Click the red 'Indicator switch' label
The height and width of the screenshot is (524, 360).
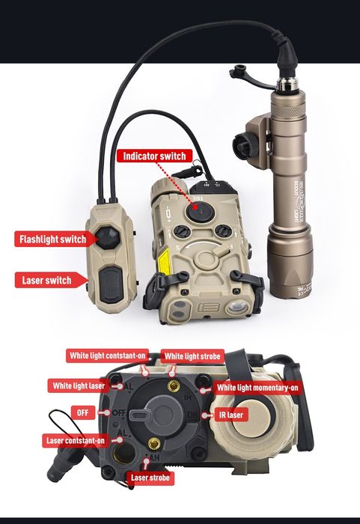[153, 156]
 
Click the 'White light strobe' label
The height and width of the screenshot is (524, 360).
[192, 357]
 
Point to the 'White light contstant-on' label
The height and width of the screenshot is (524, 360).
[106, 355]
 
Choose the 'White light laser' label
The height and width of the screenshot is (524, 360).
[79, 386]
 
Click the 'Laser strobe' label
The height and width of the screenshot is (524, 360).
[149, 477]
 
